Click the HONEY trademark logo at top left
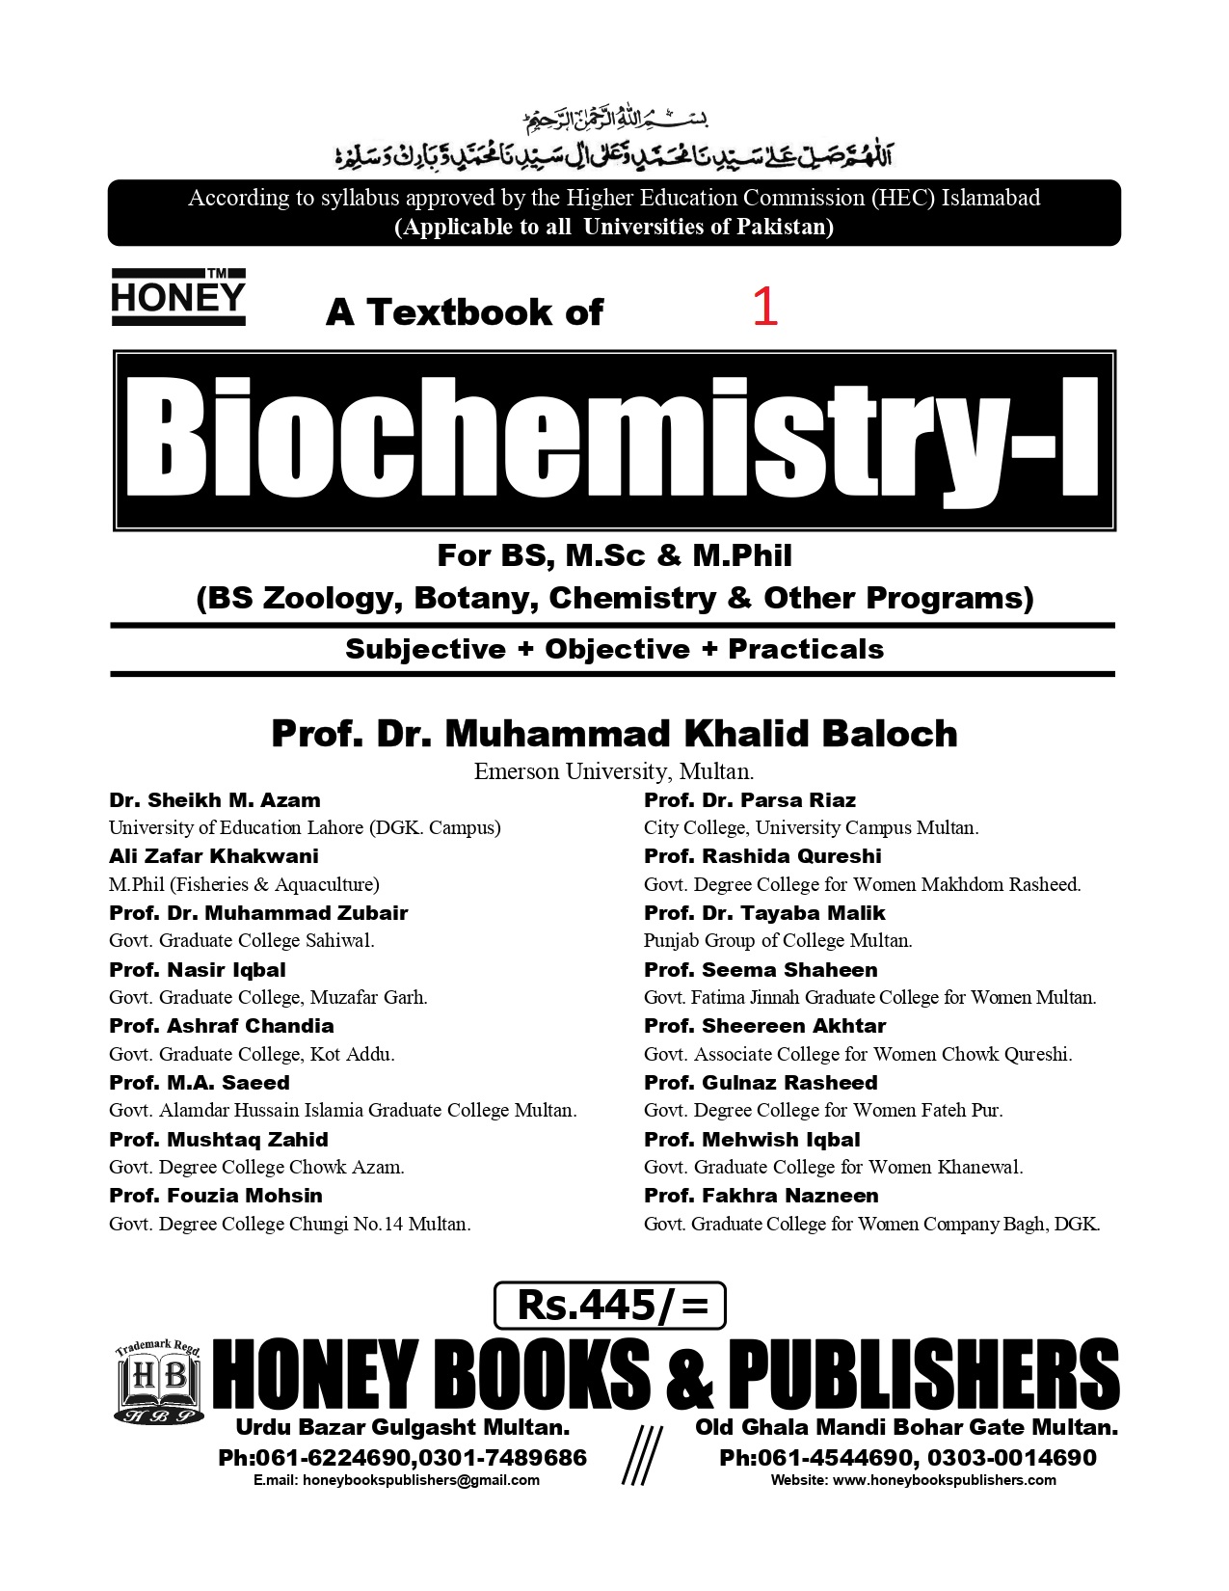coord(178,296)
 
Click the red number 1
coord(764,308)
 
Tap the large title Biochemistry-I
coord(614,440)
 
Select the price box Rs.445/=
coord(609,1306)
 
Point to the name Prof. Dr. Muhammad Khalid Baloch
coord(614,734)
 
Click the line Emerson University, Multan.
coord(614,771)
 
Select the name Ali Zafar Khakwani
coord(214,856)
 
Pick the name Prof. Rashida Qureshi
coord(762,856)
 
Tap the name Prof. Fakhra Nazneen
coord(761,1196)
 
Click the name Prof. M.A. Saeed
coord(200,1083)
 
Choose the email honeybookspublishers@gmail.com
coord(396,1480)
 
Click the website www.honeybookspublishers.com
coord(913,1480)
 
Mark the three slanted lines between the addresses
coord(640,1454)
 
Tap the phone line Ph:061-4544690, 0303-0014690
coord(907,1457)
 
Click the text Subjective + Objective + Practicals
coord(614,649)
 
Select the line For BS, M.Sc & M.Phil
coord(614,556)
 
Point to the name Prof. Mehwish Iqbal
coord(752,1140)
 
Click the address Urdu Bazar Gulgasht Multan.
coord(403,1427)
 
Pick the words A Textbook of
coord(465,312)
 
